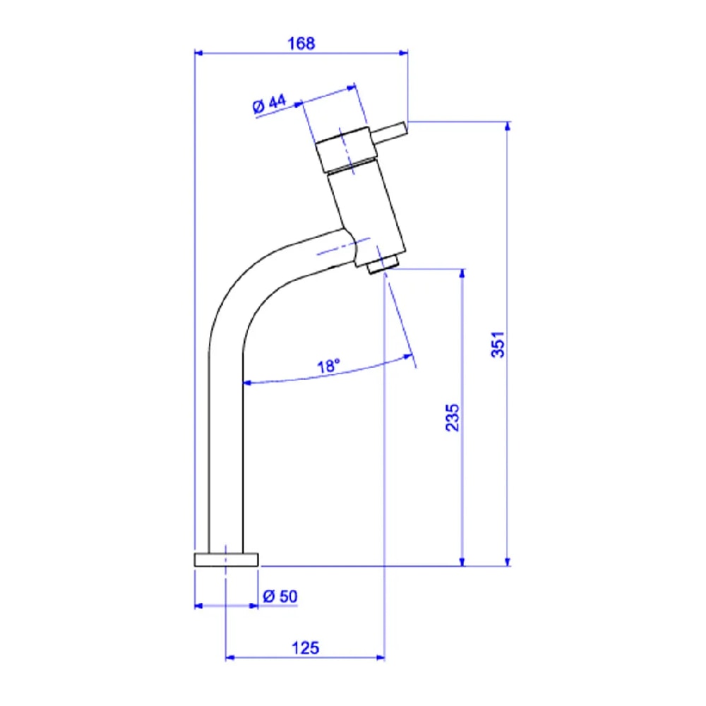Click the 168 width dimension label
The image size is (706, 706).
tap(301, 44)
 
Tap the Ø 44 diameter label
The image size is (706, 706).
tap(269, 104)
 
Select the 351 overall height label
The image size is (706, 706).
tap(498, 345)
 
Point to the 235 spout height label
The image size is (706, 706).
tap(453, 418)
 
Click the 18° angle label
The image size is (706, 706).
tap(329, 366)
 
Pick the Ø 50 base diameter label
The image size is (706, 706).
tap(280, 597)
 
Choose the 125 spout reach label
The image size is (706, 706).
tap(305, 648)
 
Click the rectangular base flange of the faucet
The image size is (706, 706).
tap(226, 560)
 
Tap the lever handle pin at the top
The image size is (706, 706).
tap(390, 133)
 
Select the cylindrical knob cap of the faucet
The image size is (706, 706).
tap(345, 150)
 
